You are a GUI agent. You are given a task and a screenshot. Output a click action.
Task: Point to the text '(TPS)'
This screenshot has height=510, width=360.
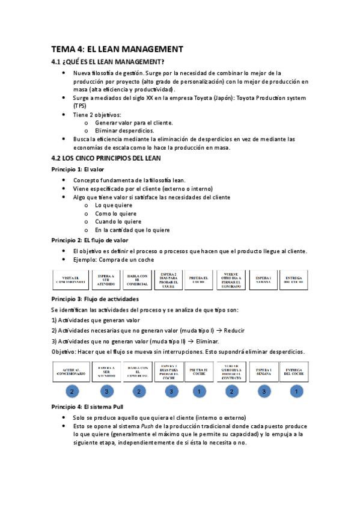coord(80,106)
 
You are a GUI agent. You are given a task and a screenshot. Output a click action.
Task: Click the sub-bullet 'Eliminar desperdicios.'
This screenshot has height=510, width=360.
coord(124,131)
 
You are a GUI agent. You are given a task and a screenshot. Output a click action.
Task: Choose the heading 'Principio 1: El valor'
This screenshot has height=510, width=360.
coord(78,170)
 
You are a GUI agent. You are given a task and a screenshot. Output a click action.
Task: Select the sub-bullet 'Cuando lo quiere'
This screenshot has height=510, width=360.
coord(118,221)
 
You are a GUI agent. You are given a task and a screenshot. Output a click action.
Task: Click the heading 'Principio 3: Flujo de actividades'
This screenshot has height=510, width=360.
coord(95,299)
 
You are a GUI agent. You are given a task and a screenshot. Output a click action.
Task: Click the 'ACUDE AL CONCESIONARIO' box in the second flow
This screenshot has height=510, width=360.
coord(72,372)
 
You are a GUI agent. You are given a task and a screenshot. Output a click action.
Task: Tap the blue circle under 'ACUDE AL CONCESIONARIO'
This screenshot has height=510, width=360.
coord(72,392)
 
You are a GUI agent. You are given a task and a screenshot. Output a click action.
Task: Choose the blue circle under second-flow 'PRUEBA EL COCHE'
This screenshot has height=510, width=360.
coord(200,392)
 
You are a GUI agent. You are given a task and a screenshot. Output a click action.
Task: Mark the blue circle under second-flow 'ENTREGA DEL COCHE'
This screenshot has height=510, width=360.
coord(296,392)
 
